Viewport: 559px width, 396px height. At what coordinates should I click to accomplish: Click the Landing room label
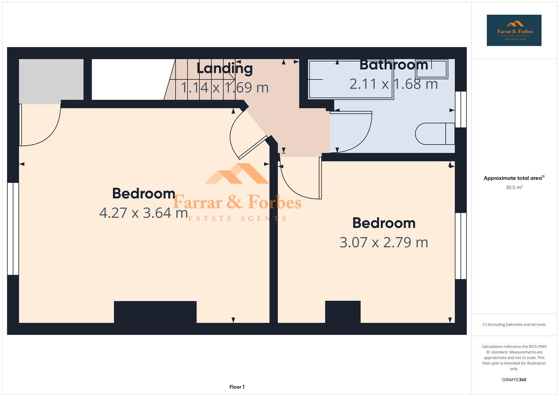(x=224, y=69)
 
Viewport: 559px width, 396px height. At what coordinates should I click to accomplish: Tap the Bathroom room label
(x=394, y=65)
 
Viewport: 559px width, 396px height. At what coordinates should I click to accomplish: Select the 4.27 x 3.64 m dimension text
(x=144, y=213)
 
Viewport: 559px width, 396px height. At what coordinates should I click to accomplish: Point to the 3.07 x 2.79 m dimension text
(x=384, y=242)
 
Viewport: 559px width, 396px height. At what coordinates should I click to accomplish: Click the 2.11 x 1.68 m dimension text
(x=394, y=84)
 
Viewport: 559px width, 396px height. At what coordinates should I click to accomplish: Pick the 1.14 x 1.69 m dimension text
(x=225, y=88)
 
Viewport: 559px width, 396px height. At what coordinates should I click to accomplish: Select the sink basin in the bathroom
(x=432, y=69)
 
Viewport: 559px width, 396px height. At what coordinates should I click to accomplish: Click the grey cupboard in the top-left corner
(x=51, y=79)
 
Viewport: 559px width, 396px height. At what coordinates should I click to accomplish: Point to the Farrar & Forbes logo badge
(x=514, y=30)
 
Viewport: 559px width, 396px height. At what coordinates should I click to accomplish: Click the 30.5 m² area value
(x=514, y=187)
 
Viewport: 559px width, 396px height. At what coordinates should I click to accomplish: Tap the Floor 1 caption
(x=237, y=387)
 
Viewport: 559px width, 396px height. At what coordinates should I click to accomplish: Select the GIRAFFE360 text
(x=514, y=379)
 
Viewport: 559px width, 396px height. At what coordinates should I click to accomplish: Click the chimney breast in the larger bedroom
(x=155, y=312)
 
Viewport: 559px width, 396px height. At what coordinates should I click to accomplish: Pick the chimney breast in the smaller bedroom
(x=343, y=312)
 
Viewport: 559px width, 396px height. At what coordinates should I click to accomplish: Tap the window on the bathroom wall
(x=461, y=109)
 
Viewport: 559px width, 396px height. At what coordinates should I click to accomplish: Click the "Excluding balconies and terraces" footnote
(x=514, y=324)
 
